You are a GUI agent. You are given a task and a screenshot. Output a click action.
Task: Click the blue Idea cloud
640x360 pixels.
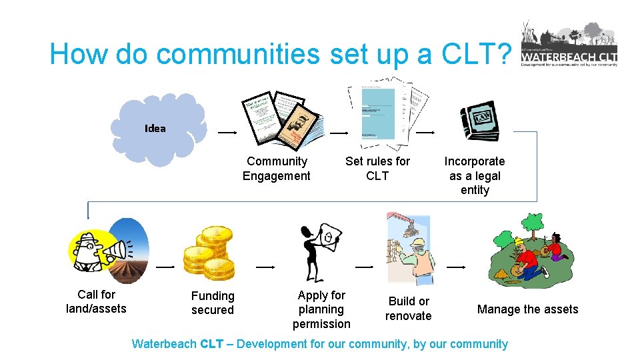click(160, 127)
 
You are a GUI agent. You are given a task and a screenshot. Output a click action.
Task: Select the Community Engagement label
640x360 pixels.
click(276, 169)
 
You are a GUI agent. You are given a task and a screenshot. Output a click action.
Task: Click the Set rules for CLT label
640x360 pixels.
click(377, 169)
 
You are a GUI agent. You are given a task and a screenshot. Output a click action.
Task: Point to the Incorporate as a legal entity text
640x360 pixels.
click(475, 175)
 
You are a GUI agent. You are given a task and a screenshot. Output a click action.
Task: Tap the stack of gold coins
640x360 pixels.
click(209, 253)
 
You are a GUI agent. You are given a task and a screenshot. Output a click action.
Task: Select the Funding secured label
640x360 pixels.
click(213, 303)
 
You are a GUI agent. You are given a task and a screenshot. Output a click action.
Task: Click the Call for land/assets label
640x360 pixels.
click(96, 301)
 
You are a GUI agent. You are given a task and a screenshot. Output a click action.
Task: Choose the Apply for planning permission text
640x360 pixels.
click(321, 309)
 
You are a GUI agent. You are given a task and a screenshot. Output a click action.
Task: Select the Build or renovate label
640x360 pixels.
click(409, 309)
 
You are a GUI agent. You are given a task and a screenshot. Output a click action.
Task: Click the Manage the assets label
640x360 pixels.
click(527, 309)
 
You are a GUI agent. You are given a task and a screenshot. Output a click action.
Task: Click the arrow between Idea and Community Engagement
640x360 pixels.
click(227, 133)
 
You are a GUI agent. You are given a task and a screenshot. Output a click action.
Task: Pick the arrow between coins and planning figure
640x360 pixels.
click(265, 267)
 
